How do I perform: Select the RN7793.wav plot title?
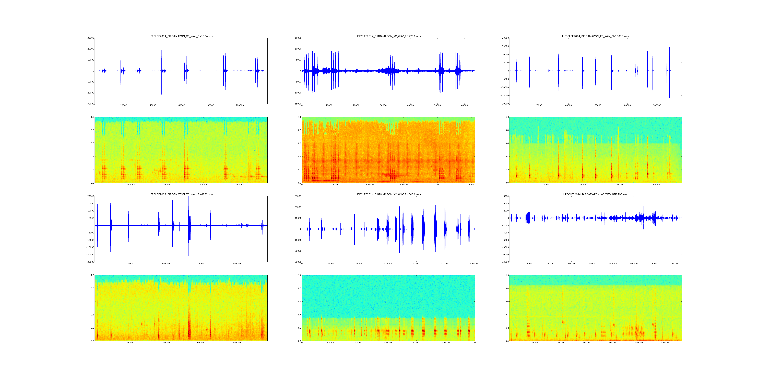[388, 36]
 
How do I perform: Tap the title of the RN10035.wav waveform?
[596, 36]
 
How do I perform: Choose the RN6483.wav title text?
[388, 194]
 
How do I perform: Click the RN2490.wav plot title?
[596, 194]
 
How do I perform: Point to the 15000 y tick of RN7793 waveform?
[298, 38]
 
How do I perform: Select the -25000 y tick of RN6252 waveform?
[90, 262]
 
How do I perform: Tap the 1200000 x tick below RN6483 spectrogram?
[473, 342]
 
